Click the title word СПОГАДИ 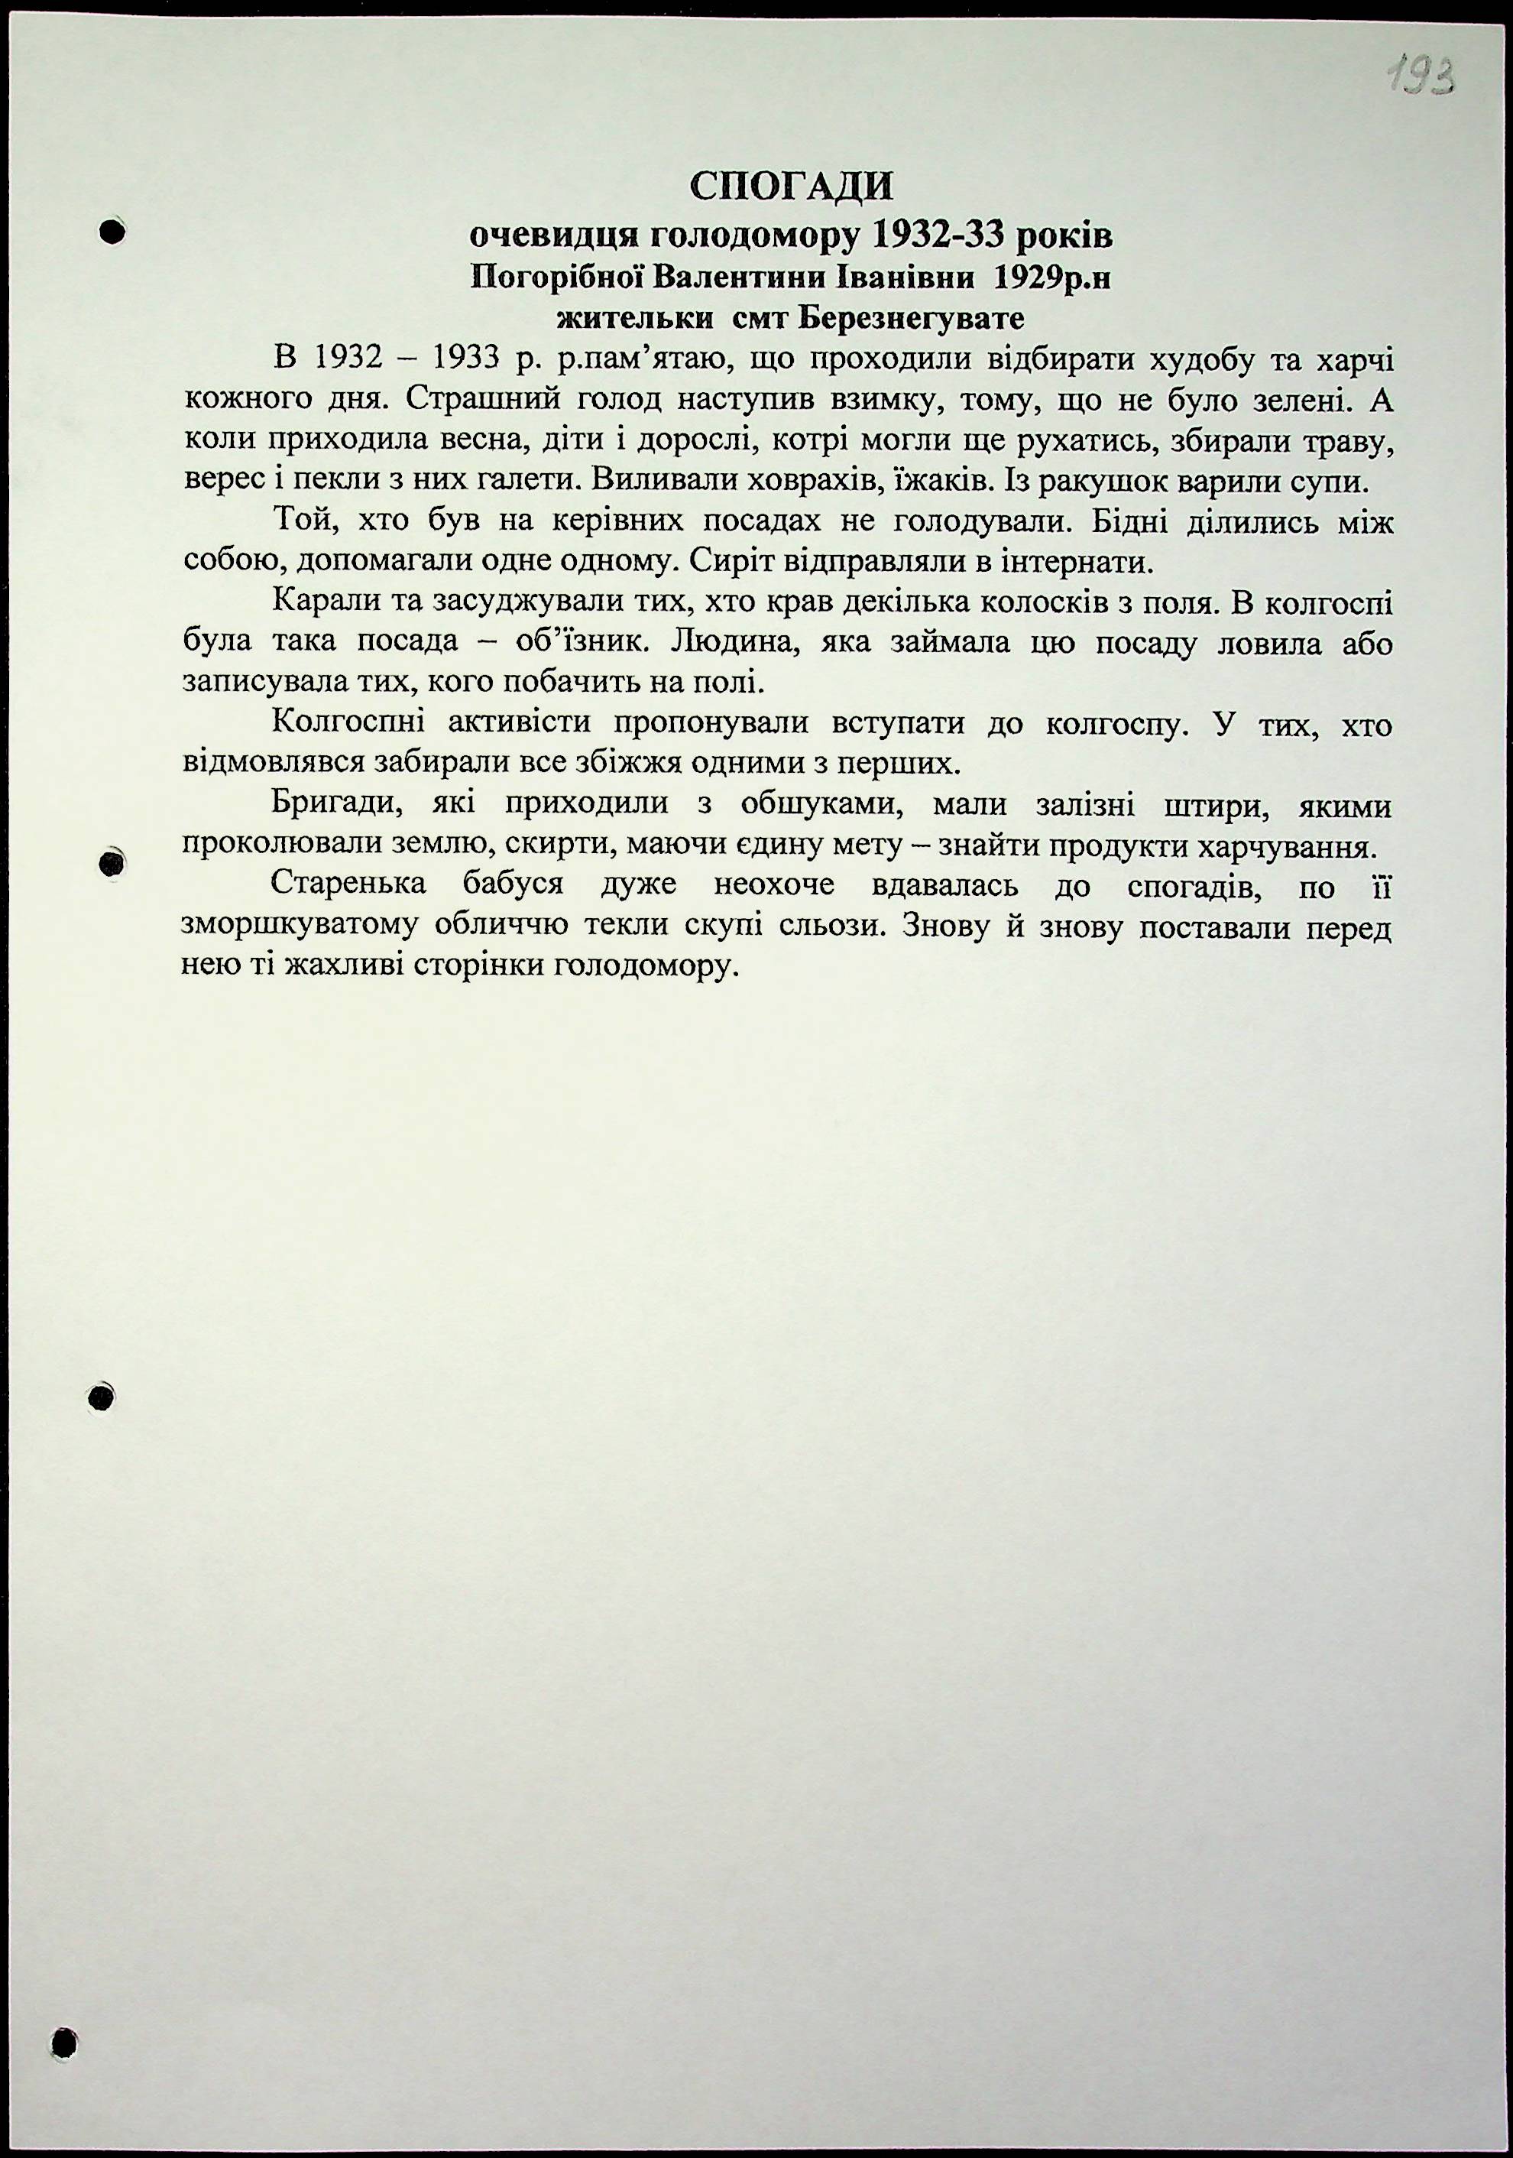coord(792,186)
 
